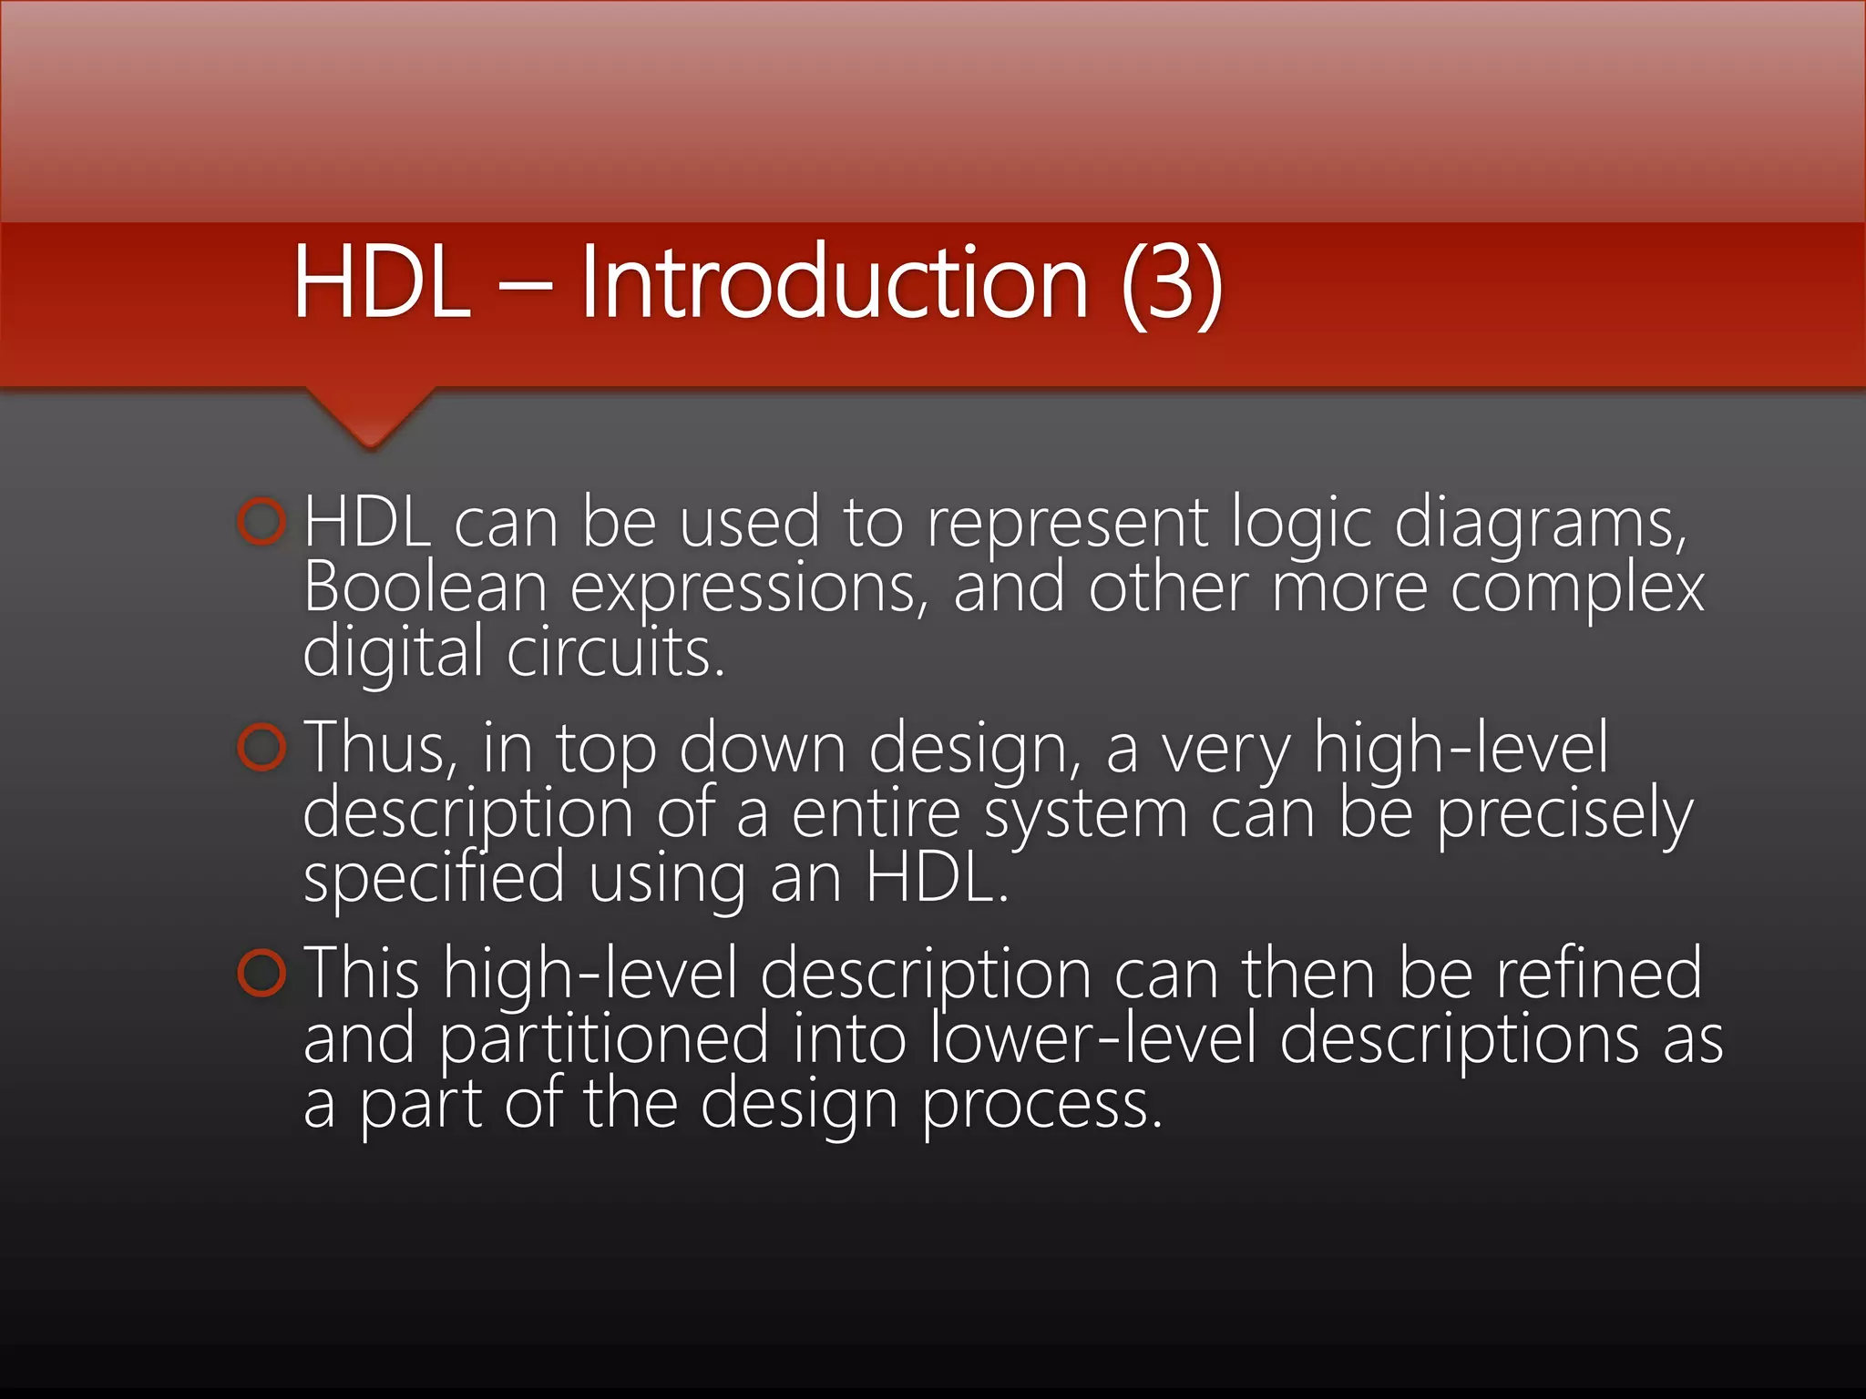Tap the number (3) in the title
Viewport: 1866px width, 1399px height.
point(1172,284)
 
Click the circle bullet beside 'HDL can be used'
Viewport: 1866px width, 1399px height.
point(262,522)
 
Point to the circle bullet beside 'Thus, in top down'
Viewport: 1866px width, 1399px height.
point(262,748)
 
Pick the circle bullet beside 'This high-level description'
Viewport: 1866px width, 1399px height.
point(262,973)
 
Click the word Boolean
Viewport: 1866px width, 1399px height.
point(425,587)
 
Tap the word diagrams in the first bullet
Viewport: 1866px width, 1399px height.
point(1540,524)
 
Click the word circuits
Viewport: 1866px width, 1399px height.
point(615,653)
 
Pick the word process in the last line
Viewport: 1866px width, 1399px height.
point(1042,1105)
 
